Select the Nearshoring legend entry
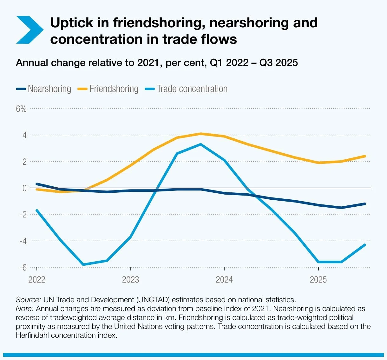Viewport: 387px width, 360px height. (44, 89)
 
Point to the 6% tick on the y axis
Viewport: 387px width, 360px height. (21, 109)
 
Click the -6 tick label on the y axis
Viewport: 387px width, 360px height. (23, 267)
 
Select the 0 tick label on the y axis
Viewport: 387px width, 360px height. (24, 188)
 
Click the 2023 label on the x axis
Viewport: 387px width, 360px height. (130, 280)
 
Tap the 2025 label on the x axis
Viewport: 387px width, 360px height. (318, 280)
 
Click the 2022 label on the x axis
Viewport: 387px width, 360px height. (37, 280)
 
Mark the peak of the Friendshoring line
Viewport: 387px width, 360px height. (200, 134)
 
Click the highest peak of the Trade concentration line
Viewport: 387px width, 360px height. (200, 144)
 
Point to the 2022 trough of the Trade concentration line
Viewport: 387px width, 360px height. (83, 264)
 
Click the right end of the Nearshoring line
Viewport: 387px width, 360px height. (365, 204)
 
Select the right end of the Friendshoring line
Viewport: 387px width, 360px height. (365, 156)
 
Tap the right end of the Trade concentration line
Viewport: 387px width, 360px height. (365, 245)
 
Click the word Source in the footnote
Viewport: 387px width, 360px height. (28, 300)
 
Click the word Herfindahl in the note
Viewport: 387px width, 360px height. (32, 335)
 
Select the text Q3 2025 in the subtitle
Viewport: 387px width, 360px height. (279, 63)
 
